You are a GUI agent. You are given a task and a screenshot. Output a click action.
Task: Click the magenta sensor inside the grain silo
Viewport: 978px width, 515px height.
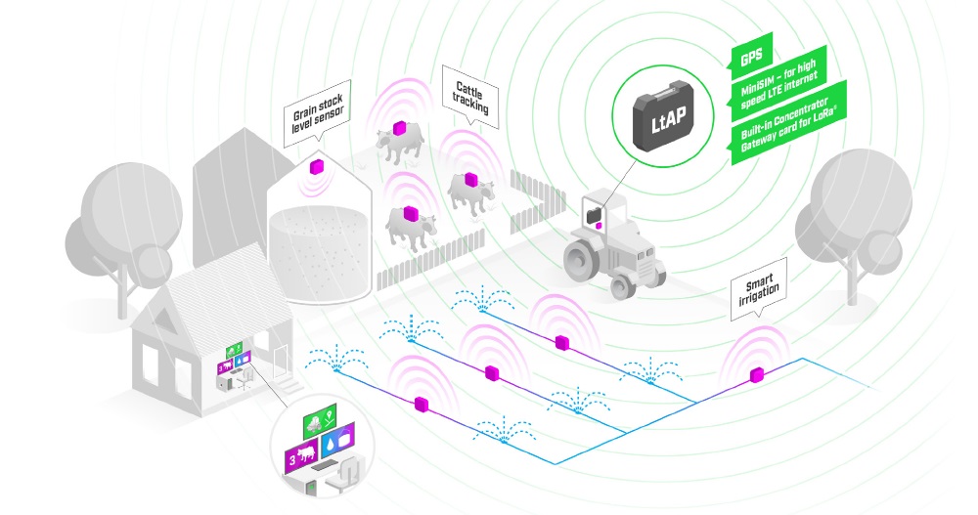(x=318, y=166)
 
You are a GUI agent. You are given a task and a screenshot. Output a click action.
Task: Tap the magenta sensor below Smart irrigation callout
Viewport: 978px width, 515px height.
(x=756, y=375)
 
